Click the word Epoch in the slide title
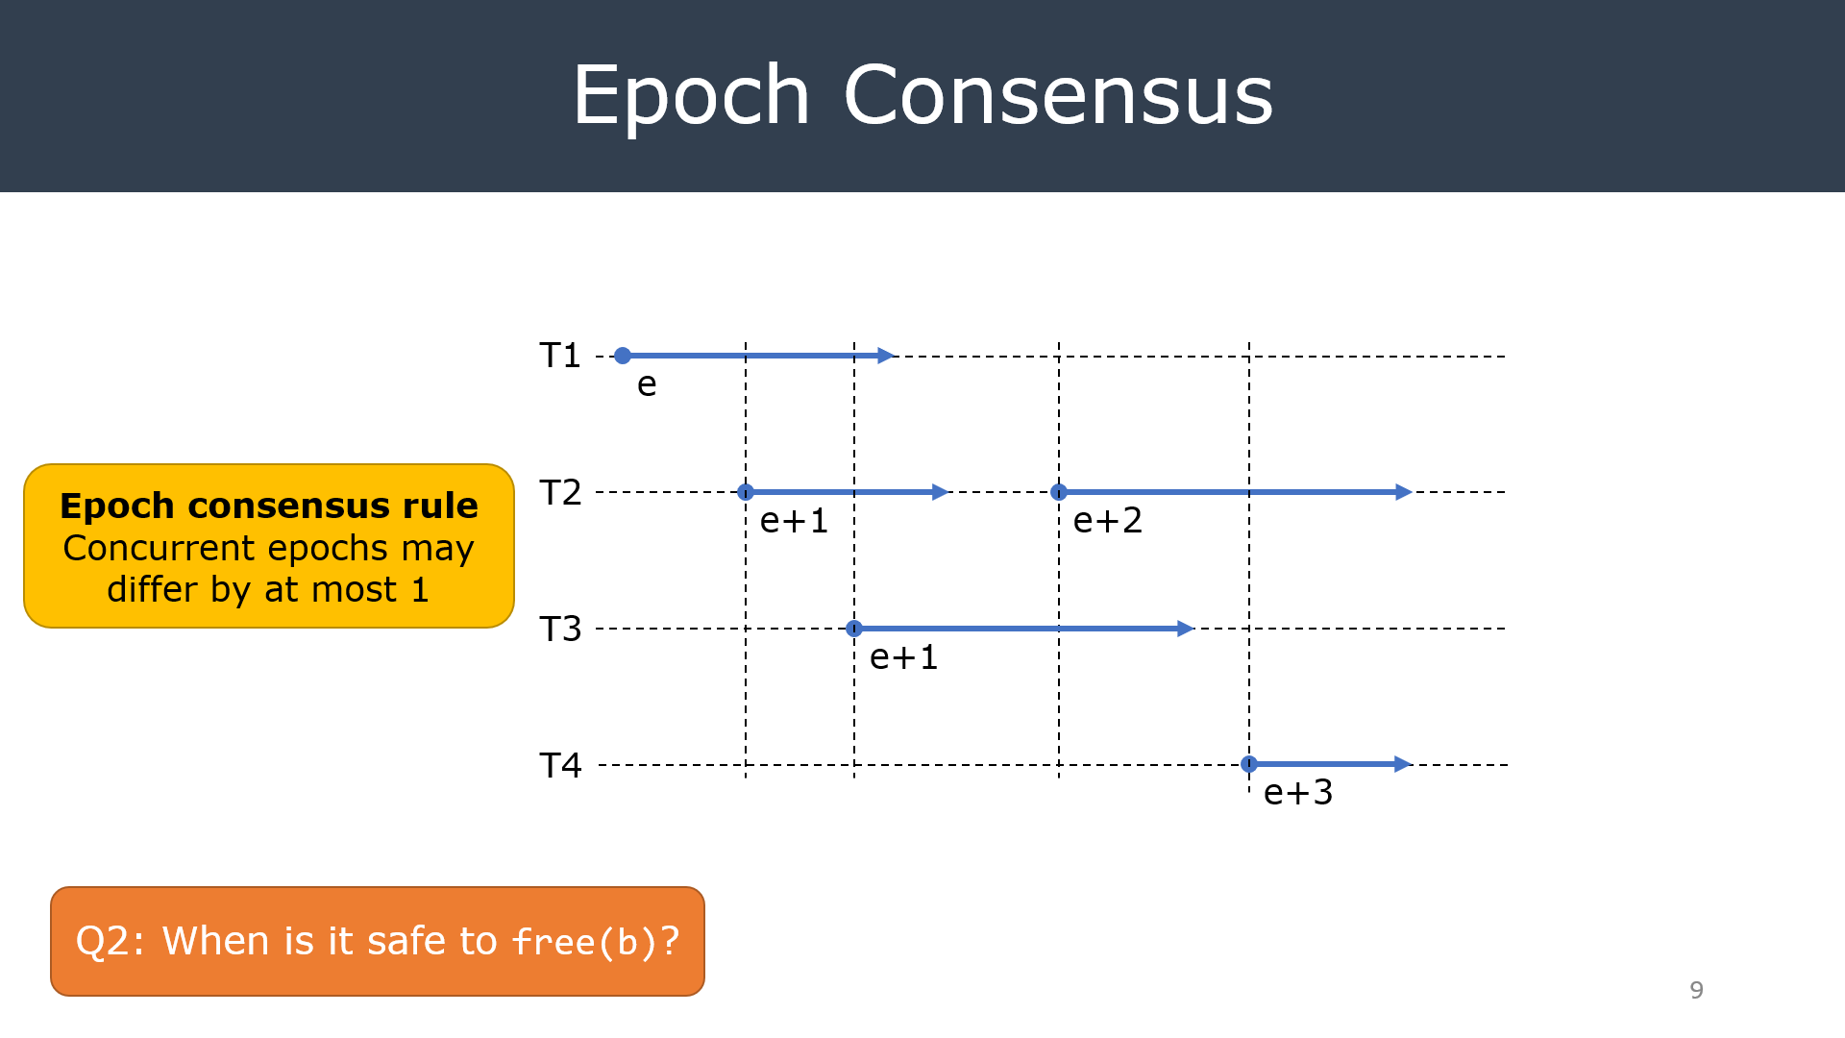(x=691, y=95)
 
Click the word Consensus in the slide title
(x=1058, y=95)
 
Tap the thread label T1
(x=560, y=356)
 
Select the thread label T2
(x=560, y=492)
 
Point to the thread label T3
(x=560, y=629)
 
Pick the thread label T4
(x=560, y=765)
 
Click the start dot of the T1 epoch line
(x=623, y=356)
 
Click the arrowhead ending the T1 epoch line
(x=886, y=356)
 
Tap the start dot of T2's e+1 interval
(x=746, y=492)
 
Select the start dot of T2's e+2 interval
(x=1059, y=492)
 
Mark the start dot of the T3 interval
(x=854, y=629)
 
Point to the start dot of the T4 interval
(x=1249, y=764)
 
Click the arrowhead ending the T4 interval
(x=1402, y=764)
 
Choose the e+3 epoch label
(x=1298, y=793)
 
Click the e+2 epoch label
(x=1107, y=521)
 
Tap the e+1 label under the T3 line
(x=903, y=657)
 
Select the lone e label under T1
(x=647, y=384)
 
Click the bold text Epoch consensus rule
(x=269, y=506)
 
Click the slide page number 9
(x=1696, y=990)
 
